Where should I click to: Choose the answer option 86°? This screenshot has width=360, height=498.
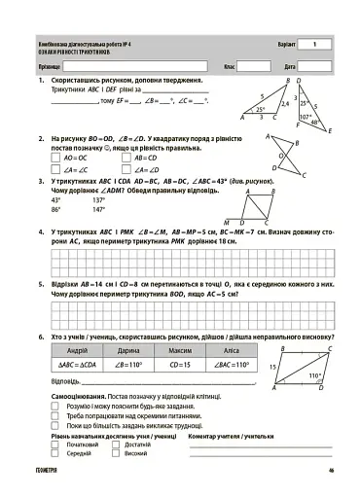coord(56,209)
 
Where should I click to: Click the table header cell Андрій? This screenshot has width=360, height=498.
coord(77,349)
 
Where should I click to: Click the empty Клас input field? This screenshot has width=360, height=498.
coord(254,65)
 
